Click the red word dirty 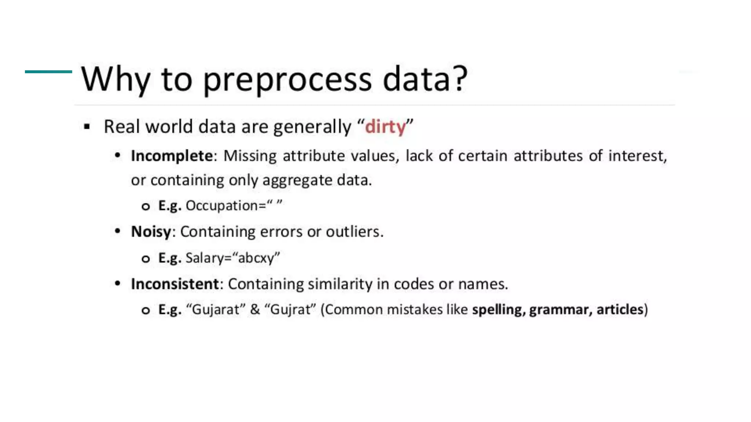385,127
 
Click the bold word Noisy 151,232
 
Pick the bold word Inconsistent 175,284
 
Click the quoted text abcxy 256,258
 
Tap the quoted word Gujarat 216,310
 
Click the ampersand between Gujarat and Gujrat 255,310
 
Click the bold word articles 620,310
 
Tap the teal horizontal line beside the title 48,72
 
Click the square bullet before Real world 87,127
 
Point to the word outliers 354,232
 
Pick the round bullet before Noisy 117,231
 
